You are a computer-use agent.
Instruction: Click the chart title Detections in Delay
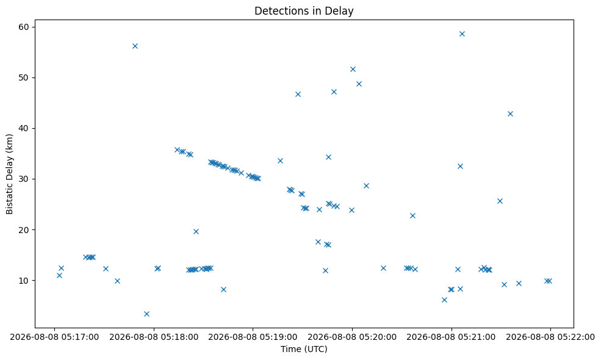[x=304, y=11]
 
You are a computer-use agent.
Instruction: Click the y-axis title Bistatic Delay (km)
[x=10, y=174]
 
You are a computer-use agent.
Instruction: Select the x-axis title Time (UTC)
[x=304, y=349]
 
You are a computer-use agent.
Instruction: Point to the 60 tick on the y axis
[x=24, y=27]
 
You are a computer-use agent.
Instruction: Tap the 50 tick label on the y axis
[x=24, y=77]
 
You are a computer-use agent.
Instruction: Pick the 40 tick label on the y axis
[x=24, y=128]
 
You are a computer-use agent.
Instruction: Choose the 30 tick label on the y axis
[x=24, y=179]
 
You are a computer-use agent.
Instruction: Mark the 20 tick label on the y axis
[x=24, y=229]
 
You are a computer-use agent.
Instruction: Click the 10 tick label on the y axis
[x=24, y=280]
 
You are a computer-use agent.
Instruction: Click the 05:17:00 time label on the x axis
[x=54, y=337]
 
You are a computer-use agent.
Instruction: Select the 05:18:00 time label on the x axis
[x=154, y=337]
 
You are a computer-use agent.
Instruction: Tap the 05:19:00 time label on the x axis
[x=253, y=337]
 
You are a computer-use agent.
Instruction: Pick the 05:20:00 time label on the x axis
[x=352, y=337]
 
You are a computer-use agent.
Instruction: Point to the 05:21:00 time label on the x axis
[x=451, y=337]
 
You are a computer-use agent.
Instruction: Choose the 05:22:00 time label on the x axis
[x=550, y=337]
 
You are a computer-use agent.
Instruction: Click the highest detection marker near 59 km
[x=462, y=34]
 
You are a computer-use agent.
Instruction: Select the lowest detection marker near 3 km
[x=146, y=314]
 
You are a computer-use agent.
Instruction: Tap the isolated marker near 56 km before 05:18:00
[x=135, y=46]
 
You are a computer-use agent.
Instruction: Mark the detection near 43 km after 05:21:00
[x=510, y=113]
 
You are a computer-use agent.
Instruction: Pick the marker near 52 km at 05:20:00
[x=353, y=69]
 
